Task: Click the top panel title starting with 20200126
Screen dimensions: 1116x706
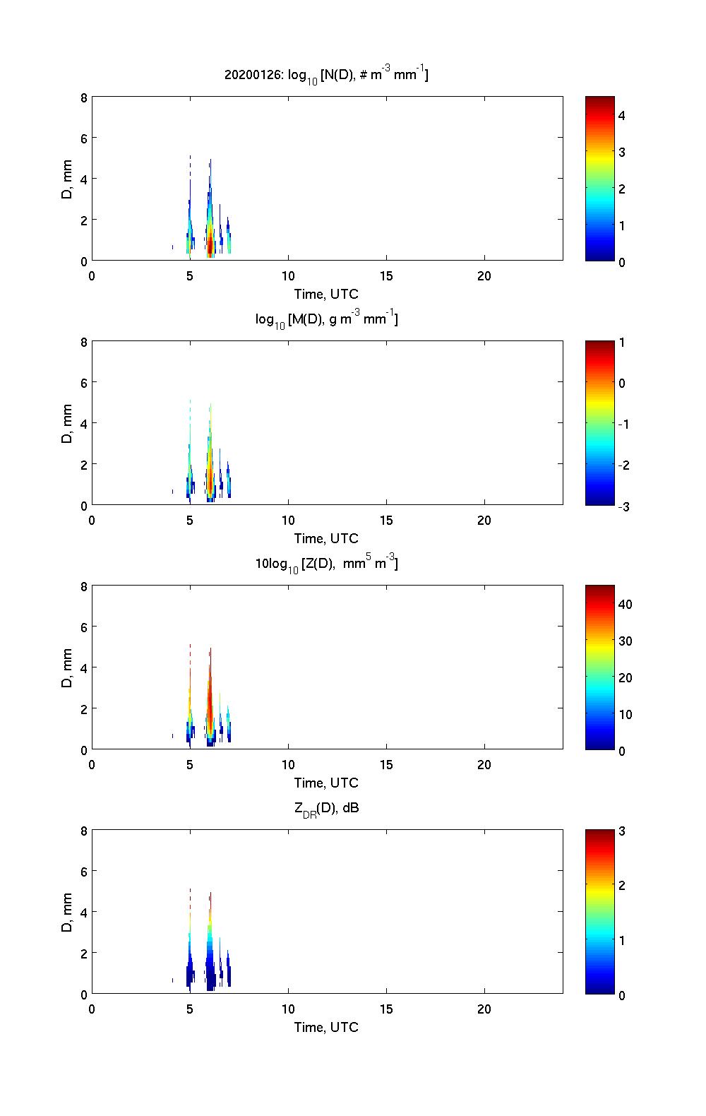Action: (x=326, y=74)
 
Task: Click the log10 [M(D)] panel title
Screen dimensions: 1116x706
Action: (x=326, y=319)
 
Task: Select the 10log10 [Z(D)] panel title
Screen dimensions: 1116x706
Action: (x=326, y=564)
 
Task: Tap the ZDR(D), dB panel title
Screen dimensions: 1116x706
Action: (x=326, y=808)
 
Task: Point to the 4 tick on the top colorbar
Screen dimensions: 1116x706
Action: (x=622, y=115)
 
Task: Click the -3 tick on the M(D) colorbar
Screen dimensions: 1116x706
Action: (x=622, y=506)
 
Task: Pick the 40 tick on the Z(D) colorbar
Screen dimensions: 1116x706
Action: (x=625, y=604)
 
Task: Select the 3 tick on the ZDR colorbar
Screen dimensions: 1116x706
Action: (x=622, y=831)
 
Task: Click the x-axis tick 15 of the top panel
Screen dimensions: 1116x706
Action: (x=386, y=276)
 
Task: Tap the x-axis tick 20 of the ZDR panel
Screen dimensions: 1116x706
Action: (x=484, y=1009)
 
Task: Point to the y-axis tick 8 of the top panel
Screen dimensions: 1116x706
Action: (x=83, y=97)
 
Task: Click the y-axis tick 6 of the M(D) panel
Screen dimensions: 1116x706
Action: (x=83, y=382)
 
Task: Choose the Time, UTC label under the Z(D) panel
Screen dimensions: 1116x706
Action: (x=326, y=783)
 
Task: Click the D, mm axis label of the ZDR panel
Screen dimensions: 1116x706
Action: (x=68, y=912)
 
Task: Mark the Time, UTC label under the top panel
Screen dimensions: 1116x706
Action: (x=326, y=294)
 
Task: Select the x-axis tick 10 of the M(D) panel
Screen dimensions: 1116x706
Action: (x=288, y=521)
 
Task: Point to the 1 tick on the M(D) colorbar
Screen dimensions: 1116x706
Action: (x=622, y=343)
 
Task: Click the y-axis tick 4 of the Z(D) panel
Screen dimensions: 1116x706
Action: (x=83, y=667)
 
